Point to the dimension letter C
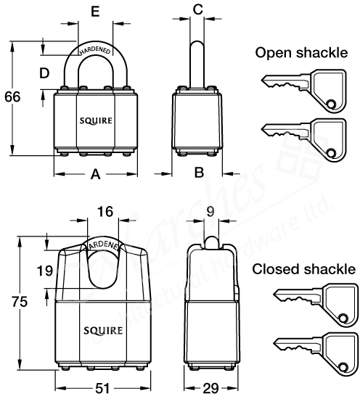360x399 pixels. pos(197,10)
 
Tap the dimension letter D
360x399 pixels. pos(44,74)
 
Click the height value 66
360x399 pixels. pos(12,96)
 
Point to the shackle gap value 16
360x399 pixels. pos(105,212)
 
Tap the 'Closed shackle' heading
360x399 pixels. pos(304,268)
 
